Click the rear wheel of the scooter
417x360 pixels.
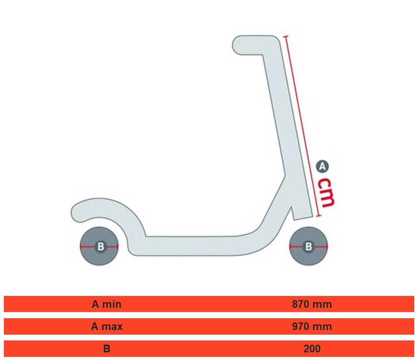click(x=99, y=246)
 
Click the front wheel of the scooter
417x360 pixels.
click(x=308, y=246)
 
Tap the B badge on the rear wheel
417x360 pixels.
click(x=101, y=247)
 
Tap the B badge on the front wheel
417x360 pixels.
click(x=308, y=247)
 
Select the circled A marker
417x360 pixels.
click(x=322, y=167)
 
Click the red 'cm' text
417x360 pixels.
click(x=326, y=193)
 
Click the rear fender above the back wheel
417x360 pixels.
click(x=106, y=210)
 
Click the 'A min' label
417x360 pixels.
click(x=106, y=304)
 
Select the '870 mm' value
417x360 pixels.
click(x=312, y=304)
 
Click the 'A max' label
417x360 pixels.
click(x=107, y=327)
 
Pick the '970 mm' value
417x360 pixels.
click(x=312, y=327)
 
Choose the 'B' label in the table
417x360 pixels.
click(x=107, y=348)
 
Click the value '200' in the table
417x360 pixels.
click(x=312, y=348)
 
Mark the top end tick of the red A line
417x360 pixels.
click(x=286, y=36)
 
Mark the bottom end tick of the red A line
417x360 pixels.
click(x=319, y=216)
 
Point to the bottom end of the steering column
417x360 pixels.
click(x=303, y=218)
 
